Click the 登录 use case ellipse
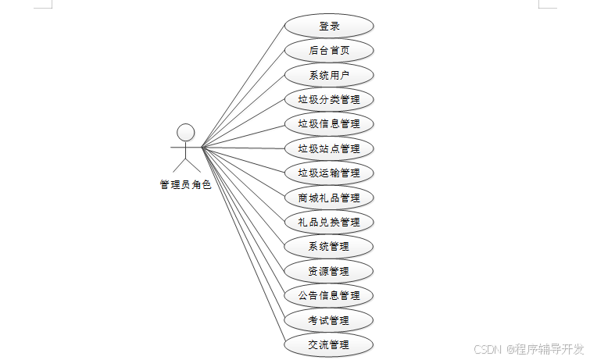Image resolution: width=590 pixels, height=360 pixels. click(x=329, y=26)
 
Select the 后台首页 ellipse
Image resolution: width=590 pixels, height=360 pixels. click(x=329, y=51)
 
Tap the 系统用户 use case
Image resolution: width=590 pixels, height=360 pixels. click(x=329, y=75)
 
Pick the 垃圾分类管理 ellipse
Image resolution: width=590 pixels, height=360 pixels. click(x=329, y=99)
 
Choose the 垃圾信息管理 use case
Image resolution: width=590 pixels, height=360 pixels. click(x=329, y=123)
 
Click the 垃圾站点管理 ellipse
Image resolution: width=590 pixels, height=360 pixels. click(x=329, y=148)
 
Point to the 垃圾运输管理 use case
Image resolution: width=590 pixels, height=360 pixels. click(x=329, y=173)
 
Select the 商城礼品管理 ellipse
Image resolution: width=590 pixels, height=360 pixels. click(x=329, y=198)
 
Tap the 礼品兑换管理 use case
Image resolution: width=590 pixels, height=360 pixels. click(x=329, y=222)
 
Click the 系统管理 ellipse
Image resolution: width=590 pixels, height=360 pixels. click(x=329, y=247)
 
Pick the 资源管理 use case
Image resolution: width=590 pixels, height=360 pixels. click(x=329, y=271)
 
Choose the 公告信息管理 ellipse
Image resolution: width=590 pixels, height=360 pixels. click(x=329, y=295)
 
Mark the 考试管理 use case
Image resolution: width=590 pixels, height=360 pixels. click(x=329, y=320)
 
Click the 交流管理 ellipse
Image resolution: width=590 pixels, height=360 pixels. click(x=329, y=344)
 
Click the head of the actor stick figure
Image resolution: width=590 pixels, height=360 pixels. click(x=185, y=131)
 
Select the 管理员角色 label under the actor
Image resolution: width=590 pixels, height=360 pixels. click(x=185, y=185)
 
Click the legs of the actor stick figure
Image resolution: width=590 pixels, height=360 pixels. click(x=185, y=166)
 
